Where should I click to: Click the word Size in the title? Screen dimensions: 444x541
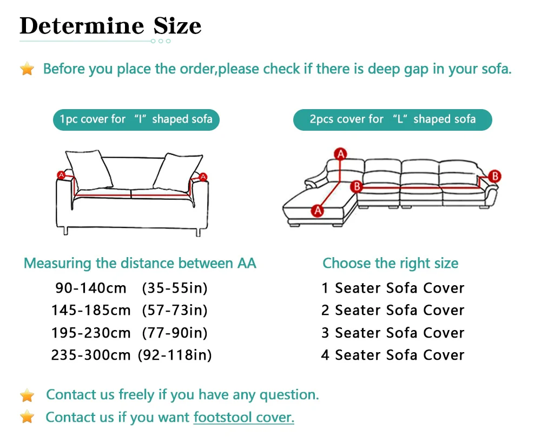pos(170,25)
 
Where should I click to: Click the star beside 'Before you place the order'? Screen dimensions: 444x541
pos(27,69)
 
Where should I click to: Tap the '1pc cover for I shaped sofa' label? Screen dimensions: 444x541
pos(136,119)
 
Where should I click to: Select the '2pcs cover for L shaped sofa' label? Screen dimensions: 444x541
pos(392,119)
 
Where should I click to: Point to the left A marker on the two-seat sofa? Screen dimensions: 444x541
pos(61,175)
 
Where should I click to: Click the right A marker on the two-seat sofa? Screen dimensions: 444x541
pos(203,176)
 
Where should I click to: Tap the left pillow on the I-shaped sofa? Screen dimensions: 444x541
pos(86,169)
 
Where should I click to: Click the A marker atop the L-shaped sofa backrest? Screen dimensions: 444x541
pos(341,153)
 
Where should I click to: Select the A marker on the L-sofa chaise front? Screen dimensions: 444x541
pos(318,209)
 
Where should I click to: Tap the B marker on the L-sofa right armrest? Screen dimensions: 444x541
pos(494,176)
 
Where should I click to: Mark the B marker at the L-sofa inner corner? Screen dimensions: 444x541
pos(356,186)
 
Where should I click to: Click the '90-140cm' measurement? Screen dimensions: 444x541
pos(90,288)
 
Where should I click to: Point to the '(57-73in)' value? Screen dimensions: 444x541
pos(175,310)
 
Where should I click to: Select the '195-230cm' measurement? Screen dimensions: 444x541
pos(91,332)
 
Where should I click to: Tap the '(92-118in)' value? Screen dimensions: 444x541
pos(175,355)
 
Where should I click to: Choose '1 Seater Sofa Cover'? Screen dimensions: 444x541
pos(393,288)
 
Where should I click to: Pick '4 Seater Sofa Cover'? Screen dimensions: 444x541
pos(393,355)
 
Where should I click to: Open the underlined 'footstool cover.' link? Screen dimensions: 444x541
pos(243,417)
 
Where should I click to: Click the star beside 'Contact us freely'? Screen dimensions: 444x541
pos(27,395)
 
